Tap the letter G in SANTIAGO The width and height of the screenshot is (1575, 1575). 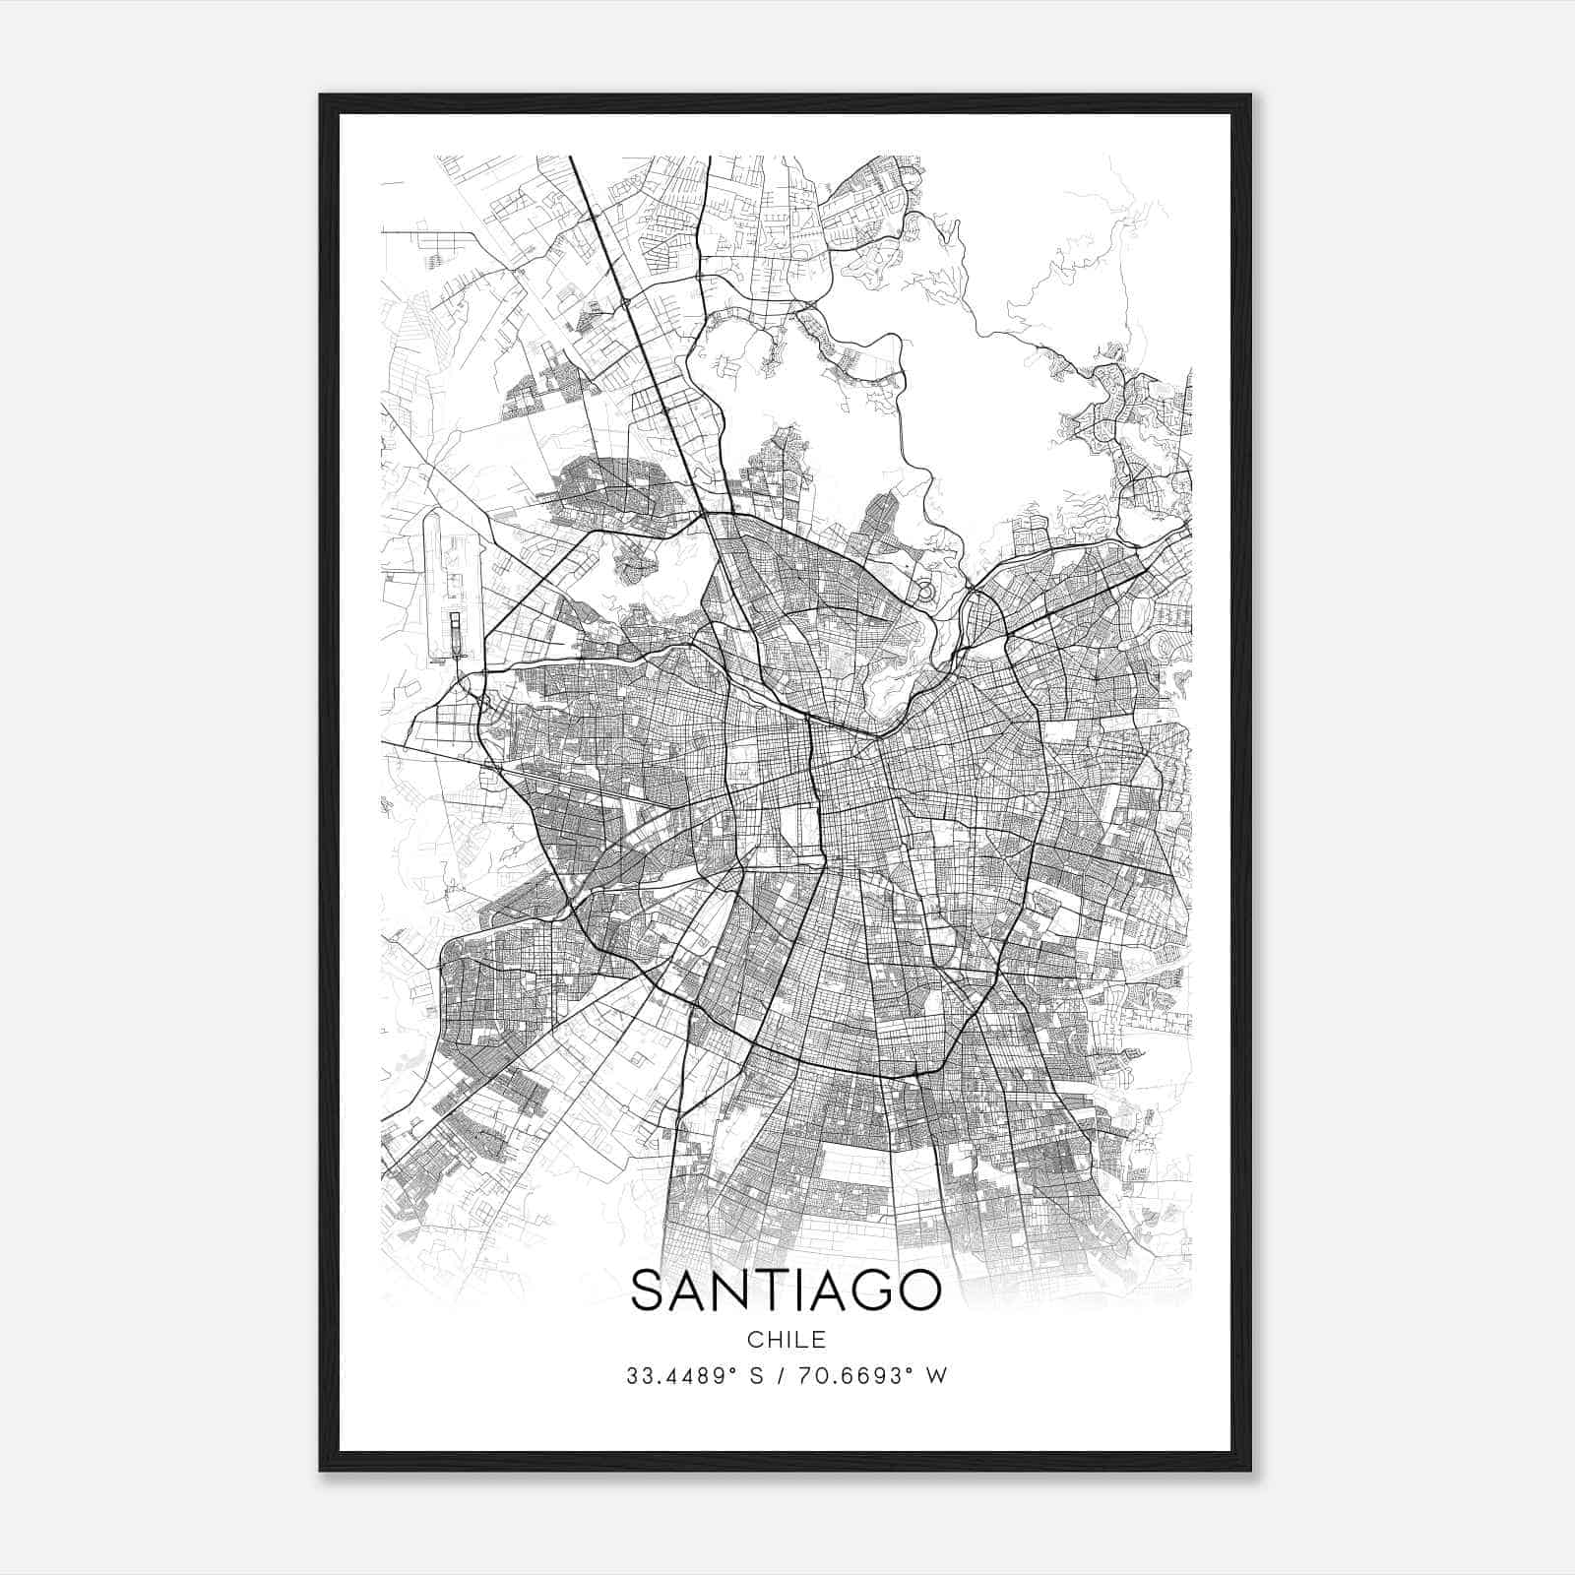click(x=873, y=1291)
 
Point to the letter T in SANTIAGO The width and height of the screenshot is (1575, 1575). click(x=760, y=1291)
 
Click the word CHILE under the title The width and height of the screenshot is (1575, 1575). click(x=786, y=1340)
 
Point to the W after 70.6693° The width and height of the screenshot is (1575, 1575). click(x=936, y=1376)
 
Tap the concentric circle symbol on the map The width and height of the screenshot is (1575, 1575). click(x=926, y=592)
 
